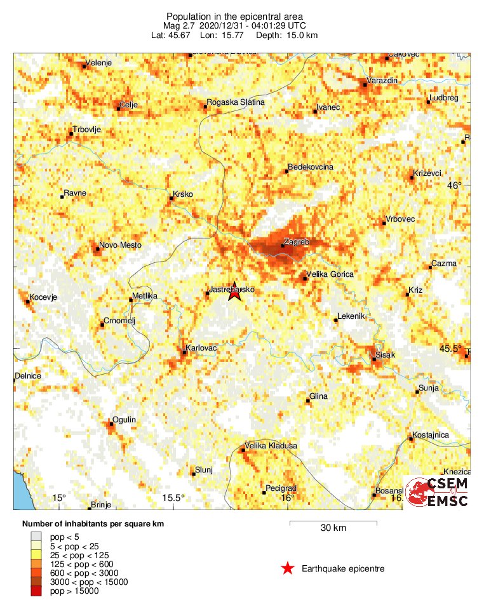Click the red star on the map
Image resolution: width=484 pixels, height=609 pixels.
(234, 291)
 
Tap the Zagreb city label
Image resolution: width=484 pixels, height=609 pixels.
(297, 242)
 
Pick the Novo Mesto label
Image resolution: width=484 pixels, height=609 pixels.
(121, 245)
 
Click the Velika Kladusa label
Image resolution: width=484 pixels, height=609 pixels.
(271, 446)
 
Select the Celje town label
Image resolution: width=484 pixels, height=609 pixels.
(129, 105)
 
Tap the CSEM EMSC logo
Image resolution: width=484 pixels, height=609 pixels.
(438, 492)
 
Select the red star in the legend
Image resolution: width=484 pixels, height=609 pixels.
(288, 568)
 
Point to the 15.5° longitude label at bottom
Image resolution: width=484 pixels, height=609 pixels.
(173, 498)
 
